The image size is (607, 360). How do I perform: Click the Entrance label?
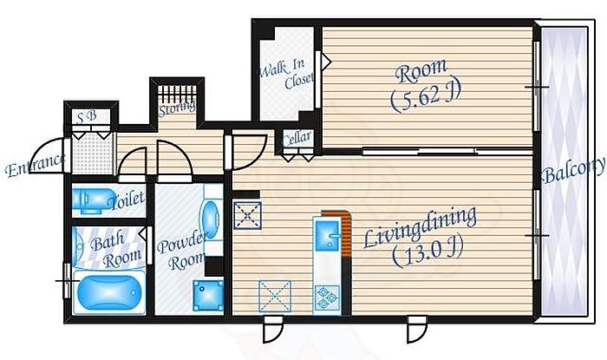click(x=34, y=164)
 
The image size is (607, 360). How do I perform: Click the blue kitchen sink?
click(x=329, y=233)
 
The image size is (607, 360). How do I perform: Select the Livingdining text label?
click(x=420, y=227)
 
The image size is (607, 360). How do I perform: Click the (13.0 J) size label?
click(x=428, y=254)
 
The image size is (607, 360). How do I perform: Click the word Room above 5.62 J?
click(x=424, y=68)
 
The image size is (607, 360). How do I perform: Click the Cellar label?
click(x=297, y=138)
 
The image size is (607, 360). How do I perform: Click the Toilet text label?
click(x=125, y=200)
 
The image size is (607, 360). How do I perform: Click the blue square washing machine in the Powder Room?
click(x=209, y=296)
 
